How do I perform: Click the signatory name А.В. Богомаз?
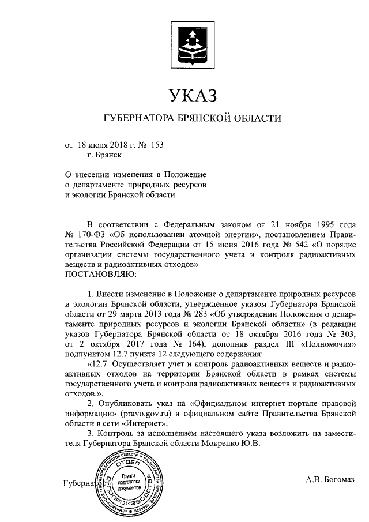[330, 479]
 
